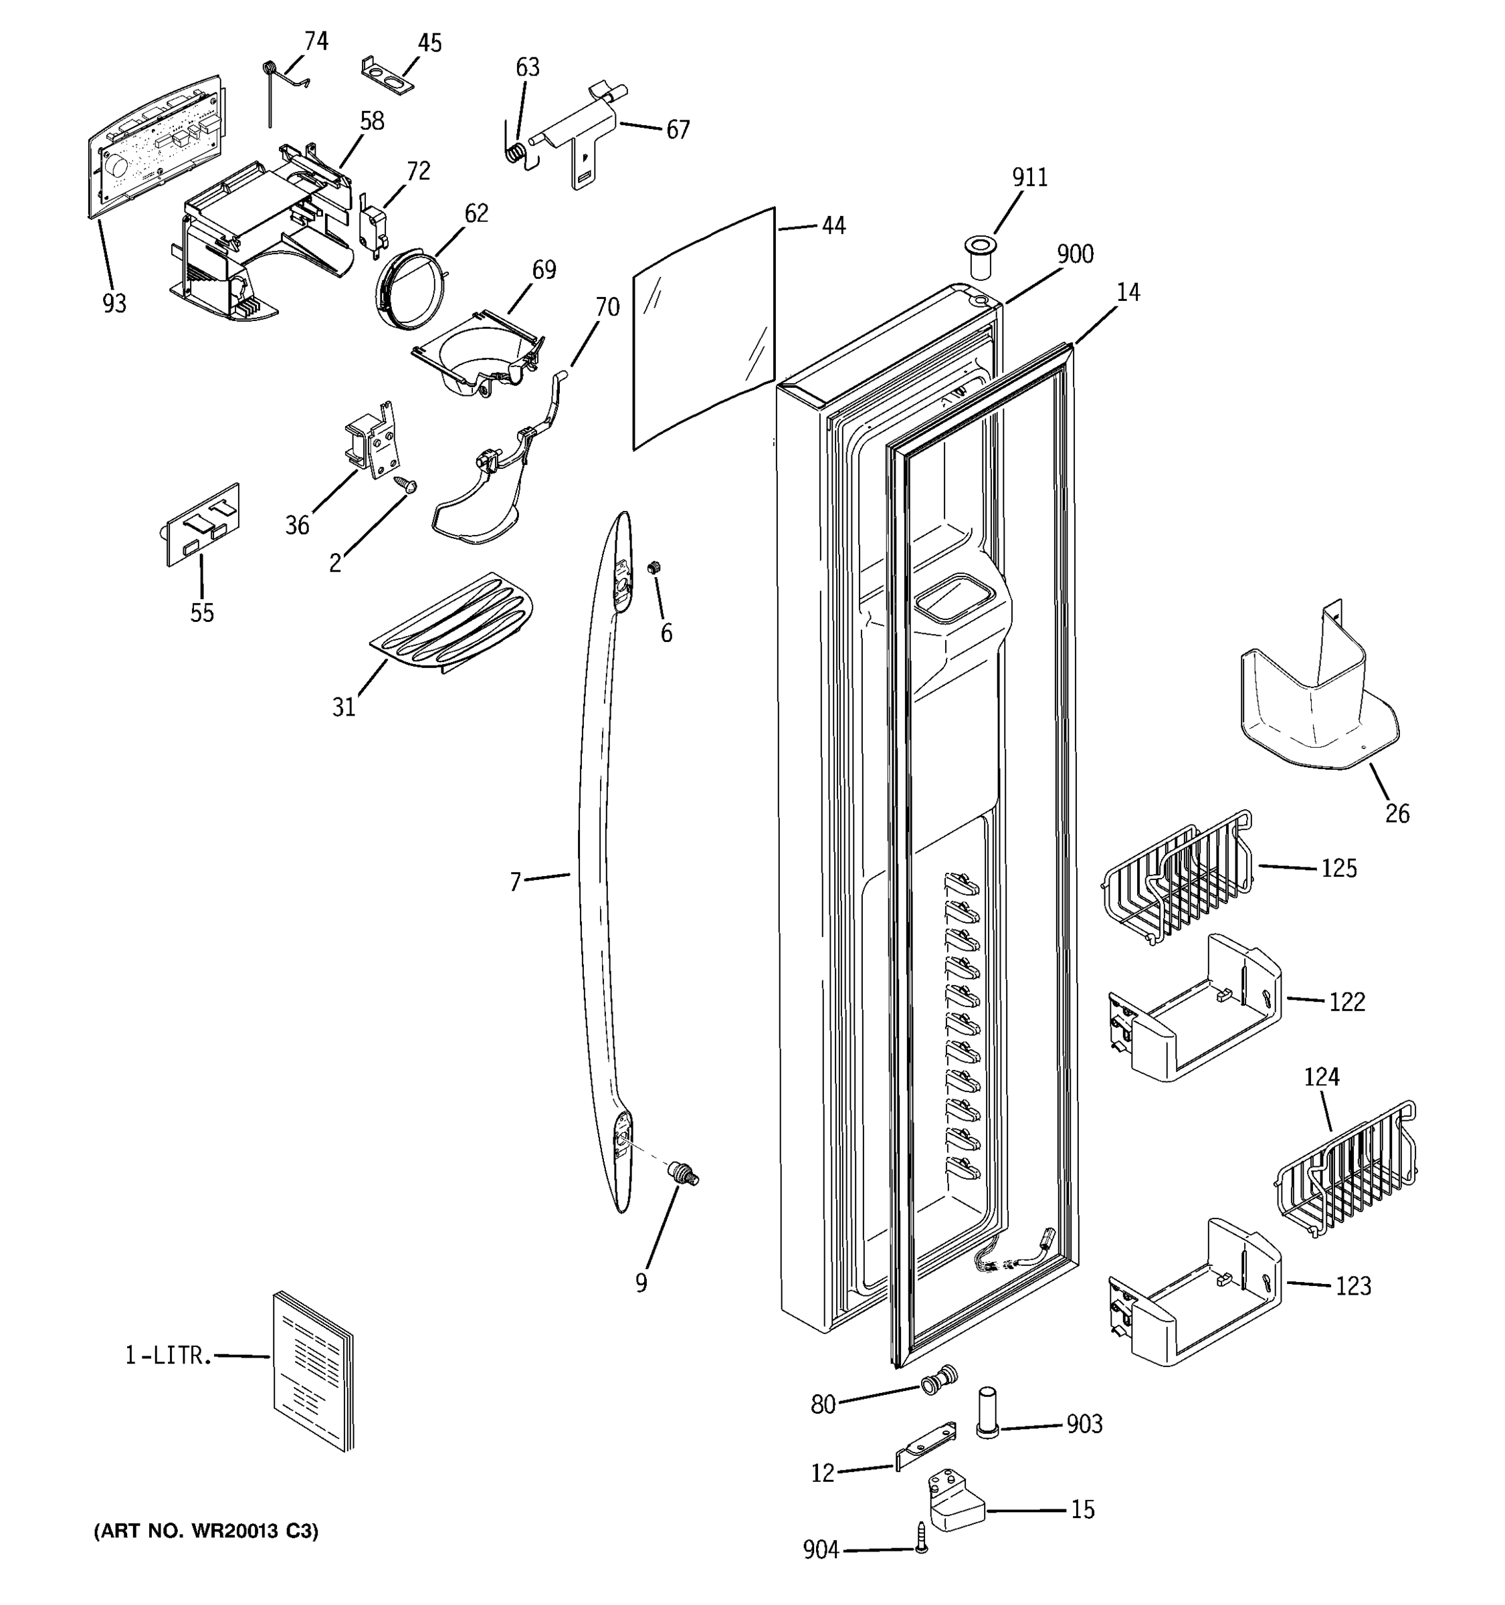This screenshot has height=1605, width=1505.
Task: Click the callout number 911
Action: tap(1029, 178)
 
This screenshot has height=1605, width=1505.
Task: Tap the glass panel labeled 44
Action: tap(704, 327)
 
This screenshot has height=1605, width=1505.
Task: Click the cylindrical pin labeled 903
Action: tap(988, 1412)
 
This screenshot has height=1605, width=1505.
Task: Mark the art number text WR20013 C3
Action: tap(207, 1531)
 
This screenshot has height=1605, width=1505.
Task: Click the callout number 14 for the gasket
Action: tap(1128, 292)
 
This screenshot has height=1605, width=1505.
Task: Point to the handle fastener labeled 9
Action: tap(683, 1174)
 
